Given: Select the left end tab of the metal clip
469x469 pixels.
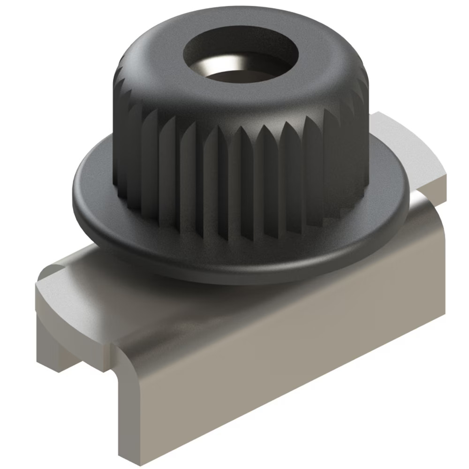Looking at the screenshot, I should coord(70,300).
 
